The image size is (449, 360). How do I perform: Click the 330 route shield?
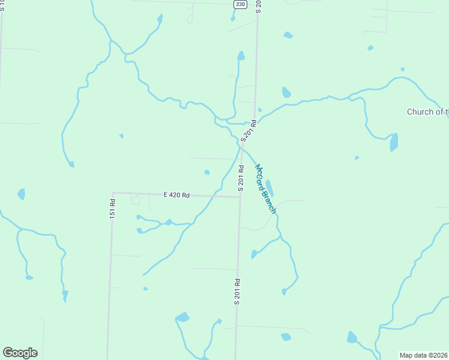click(240, 4)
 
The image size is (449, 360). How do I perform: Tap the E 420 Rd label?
click(176, 195)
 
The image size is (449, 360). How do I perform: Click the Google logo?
click(20, 353)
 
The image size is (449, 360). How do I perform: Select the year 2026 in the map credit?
click(441, 355)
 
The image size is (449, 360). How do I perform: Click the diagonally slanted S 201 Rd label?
click(249, 131)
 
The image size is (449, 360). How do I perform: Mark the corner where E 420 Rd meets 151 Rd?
click(113, 193)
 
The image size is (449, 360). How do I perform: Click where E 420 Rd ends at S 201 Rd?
click(240, 197)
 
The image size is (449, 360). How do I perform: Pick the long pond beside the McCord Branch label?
click(270, 188)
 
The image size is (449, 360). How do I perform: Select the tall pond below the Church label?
click(394, 142)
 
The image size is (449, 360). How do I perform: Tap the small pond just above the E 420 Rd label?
click(207, 172)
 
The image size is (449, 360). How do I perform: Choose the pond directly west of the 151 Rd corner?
click(22, 194)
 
